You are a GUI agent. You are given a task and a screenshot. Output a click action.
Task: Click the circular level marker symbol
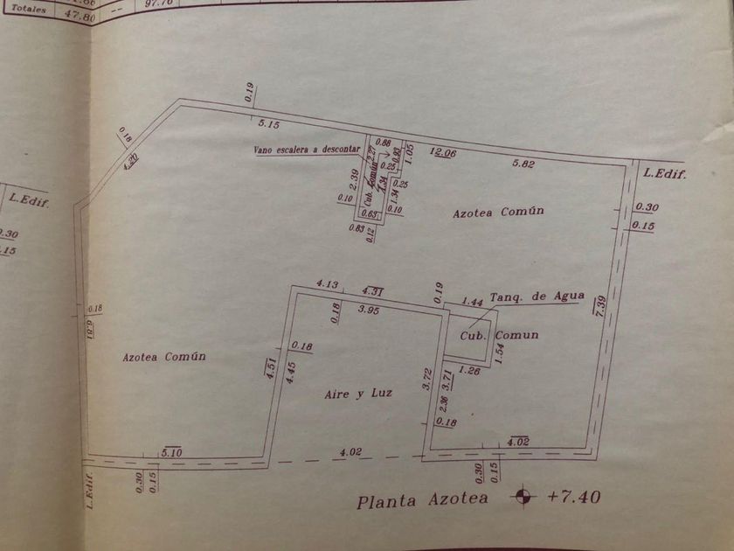tap(524, 497)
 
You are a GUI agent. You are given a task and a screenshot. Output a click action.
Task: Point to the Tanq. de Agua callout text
tap(537, 296)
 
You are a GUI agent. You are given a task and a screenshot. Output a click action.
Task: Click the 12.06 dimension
tap(443, 153)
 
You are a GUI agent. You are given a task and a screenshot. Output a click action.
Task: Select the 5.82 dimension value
tap(524, 164)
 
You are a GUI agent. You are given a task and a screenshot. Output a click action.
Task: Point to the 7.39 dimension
tap(600, 307)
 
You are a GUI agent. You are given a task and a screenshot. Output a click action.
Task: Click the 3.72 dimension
tap(427, 380)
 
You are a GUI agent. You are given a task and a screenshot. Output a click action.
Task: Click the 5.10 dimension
tap(171, 451)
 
